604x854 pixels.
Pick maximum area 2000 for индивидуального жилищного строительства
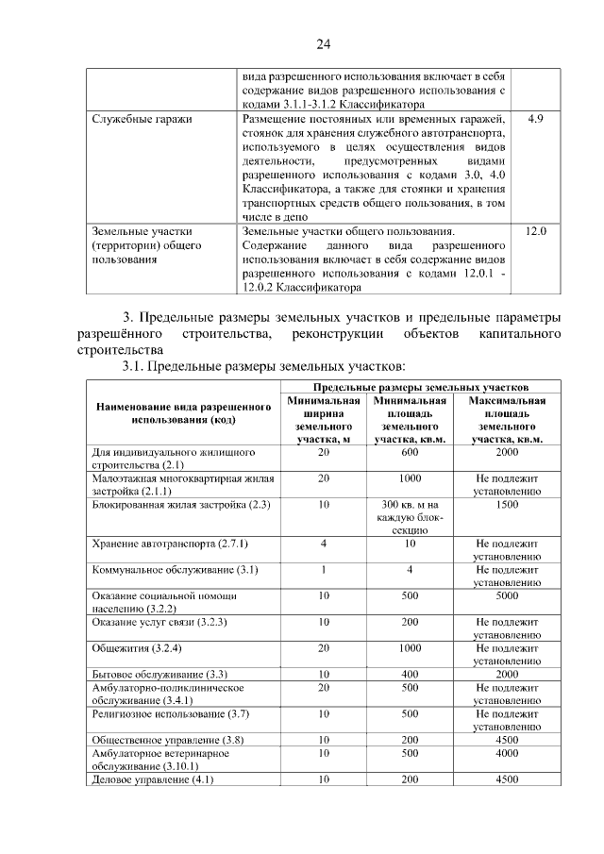coord(507,453)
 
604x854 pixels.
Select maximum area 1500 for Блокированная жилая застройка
coord(507,505)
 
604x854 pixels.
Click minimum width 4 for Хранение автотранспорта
coord(324,544)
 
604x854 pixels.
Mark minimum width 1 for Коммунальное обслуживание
coord(324,570)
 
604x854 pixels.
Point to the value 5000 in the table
coord(507,596)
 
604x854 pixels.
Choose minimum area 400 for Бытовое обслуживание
coord(410,675)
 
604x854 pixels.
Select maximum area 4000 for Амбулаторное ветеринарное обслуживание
coord(507,754)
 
